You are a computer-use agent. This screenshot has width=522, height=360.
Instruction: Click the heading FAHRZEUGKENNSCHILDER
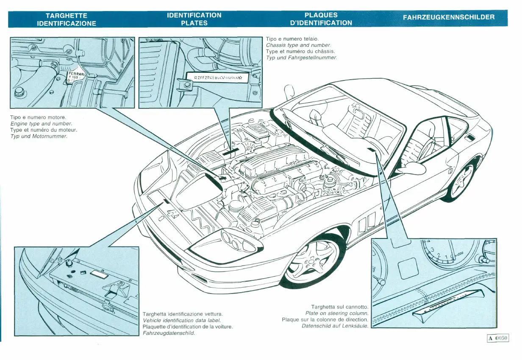(449, 17)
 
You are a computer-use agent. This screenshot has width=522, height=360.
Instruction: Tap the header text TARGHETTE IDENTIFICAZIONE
(67, 19)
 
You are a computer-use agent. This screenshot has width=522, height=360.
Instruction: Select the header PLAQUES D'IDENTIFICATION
(321, 19)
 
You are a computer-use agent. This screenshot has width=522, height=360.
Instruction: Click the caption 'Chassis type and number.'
(298, 45)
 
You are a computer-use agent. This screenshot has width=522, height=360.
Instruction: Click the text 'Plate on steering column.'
(336, 313)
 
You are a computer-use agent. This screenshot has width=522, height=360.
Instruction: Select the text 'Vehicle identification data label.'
(182, 320)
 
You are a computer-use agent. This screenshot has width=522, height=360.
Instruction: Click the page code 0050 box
(497, 338)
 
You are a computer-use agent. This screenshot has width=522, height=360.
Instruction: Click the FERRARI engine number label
(76, 77)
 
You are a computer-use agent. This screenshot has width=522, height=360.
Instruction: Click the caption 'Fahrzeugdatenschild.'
(169, 333)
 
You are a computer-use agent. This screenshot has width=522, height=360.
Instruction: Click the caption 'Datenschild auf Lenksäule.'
(335, 326)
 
